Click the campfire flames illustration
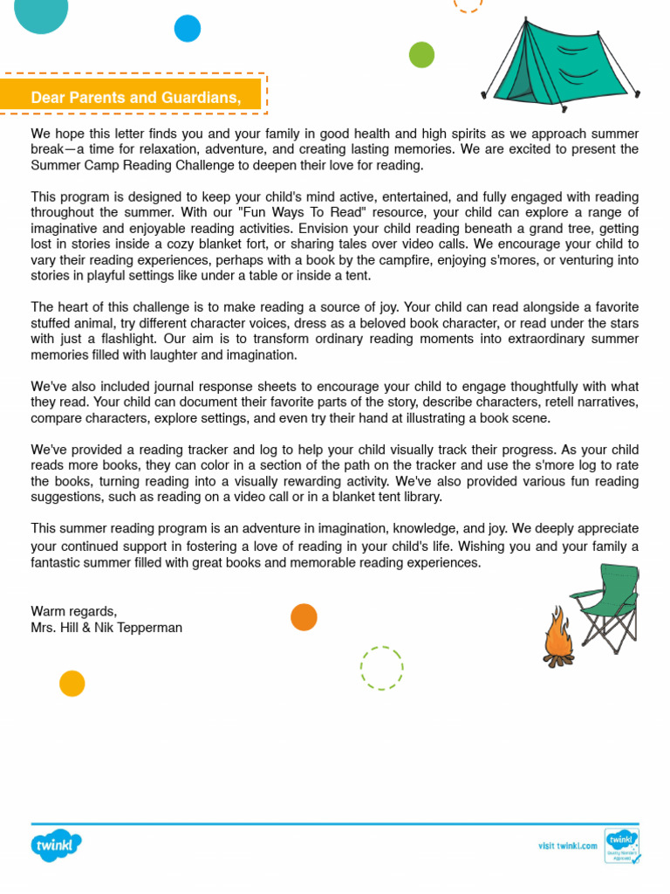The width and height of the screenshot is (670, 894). pos(557,636)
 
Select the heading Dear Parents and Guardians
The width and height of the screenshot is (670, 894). pos(135,97)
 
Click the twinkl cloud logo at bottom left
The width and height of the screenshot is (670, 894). pos(57,845)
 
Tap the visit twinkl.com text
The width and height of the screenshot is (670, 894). pos(567,845)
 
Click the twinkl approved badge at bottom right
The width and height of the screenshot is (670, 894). pos(622,845)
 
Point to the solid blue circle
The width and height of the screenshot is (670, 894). pos(188,29)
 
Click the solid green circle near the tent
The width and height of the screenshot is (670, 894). pos(421,55)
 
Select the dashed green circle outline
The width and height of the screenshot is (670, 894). pos(382,668)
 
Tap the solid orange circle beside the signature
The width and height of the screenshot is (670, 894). pos(304,616)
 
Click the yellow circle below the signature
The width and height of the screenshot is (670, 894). pos(72,683)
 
